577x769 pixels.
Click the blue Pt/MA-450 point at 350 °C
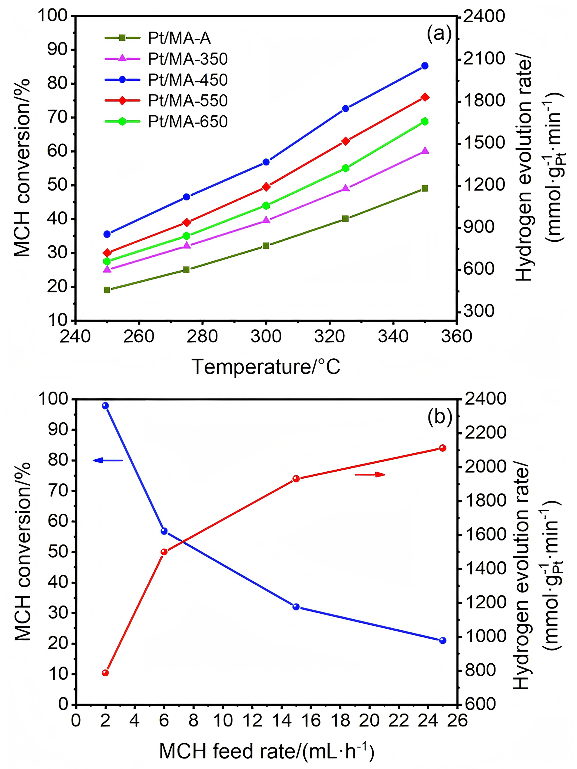pos(424,66)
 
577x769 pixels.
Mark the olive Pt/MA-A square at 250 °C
pos(107,290)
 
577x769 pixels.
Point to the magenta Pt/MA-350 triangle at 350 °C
pos(424,151)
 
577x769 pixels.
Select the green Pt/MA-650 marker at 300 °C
pos(266,205)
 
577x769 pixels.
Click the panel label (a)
pos(439,34)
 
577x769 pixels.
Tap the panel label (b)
pos(440,417)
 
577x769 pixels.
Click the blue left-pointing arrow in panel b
pos(108,461)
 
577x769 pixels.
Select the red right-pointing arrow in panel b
pos(370,475)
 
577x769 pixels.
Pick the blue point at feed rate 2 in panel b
pos(105,406)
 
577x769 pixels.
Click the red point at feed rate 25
pos(442,448)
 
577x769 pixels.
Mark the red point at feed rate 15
pos(296,479)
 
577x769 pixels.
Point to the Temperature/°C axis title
pos(266,367)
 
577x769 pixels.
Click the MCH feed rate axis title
pos(266,751)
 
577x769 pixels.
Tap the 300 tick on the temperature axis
pos(266,336)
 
